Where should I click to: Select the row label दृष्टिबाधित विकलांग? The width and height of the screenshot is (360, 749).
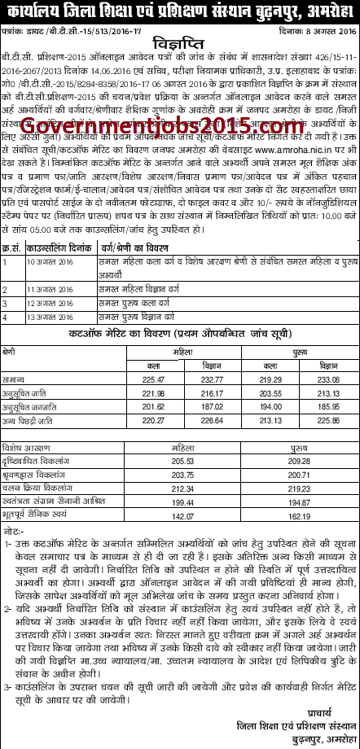33,459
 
